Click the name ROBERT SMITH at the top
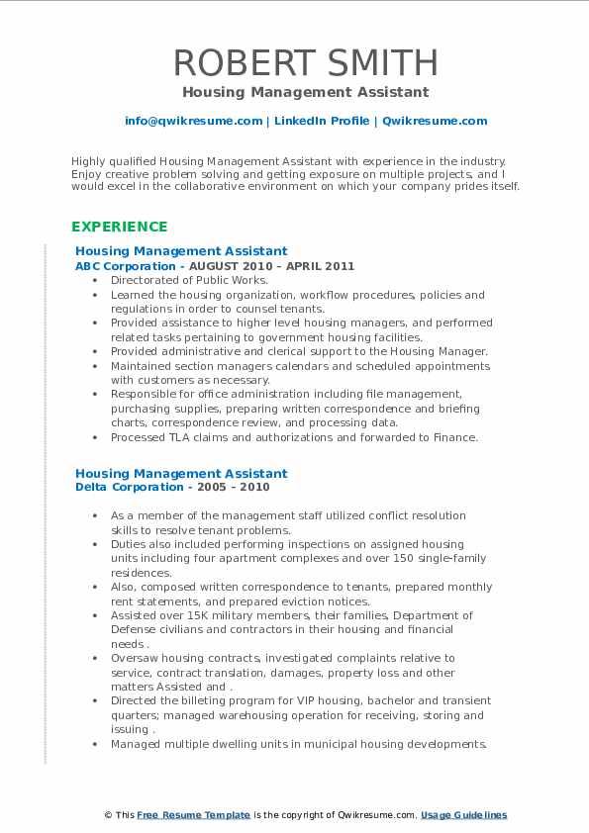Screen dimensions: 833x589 click(305, 62)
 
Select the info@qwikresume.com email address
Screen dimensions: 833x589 click(193, 121)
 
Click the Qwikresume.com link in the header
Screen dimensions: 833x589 click(434, 121)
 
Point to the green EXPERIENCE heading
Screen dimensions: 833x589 click(120, 227)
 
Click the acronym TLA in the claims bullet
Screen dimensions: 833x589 click(181, 436)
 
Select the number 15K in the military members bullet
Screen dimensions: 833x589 click(197, 615)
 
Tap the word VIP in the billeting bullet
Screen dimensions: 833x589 click(280, 700)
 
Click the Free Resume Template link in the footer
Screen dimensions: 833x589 click(193, 815)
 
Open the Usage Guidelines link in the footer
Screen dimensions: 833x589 click(463, 815)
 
